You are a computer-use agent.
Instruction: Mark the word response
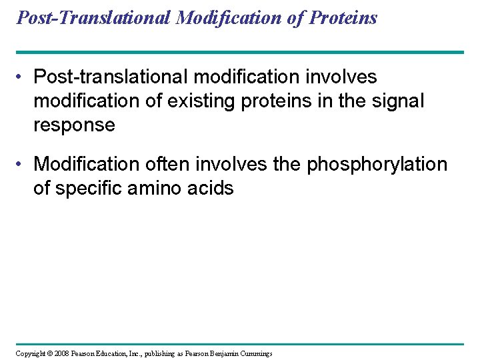(x=74, y=125)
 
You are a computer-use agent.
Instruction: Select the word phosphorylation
(x=377, y=164)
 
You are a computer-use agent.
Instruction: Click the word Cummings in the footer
(x=254, y=353)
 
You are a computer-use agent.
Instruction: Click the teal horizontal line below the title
(x=240, y=52)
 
